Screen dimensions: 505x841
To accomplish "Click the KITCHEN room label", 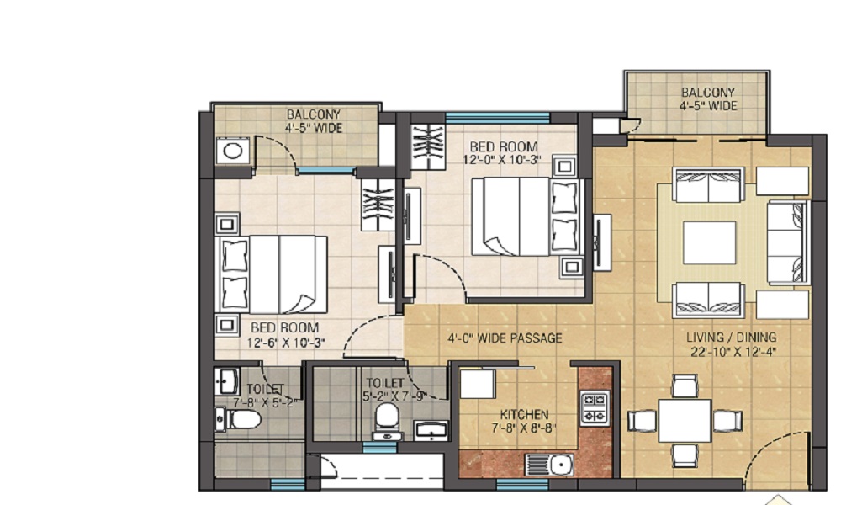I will click(525, 414).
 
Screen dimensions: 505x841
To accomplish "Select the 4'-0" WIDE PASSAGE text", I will click(504, 339).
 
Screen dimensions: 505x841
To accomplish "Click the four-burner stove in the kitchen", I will click(595, 407).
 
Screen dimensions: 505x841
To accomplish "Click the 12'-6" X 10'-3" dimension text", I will click(287, 342).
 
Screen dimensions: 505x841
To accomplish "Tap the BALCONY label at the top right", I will click(707, 93).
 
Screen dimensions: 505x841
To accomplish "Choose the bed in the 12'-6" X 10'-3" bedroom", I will click(273, 274).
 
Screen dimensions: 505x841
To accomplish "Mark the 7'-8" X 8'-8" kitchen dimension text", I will click(525, 428).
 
